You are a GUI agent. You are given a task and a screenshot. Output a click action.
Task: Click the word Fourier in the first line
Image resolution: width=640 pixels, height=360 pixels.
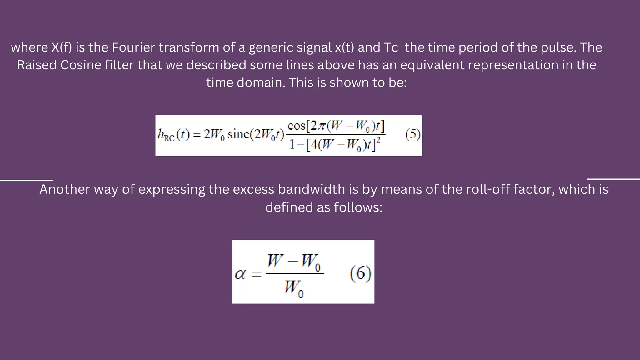133,47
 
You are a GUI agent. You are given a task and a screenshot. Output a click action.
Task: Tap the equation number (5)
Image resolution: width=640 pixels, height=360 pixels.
412,135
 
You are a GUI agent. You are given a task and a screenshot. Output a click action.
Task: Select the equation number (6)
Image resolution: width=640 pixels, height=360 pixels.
360,274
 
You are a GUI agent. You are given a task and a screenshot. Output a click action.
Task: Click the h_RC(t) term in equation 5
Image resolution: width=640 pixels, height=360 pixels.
173,135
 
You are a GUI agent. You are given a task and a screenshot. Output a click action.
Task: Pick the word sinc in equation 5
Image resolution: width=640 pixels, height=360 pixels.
239,135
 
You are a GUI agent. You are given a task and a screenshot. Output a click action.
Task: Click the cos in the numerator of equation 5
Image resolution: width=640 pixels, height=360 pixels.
296,126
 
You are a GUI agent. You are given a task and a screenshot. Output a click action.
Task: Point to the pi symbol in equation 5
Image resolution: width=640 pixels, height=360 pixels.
322,126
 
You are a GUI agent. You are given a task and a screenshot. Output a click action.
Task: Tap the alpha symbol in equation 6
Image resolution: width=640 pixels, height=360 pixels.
240,275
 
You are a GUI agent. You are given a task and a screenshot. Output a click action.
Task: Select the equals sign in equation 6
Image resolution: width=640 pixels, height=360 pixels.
256,275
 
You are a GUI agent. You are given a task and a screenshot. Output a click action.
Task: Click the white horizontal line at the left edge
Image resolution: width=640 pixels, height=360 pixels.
27,180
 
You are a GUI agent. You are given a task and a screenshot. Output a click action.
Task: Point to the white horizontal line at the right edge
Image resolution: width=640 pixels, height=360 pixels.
613,179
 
